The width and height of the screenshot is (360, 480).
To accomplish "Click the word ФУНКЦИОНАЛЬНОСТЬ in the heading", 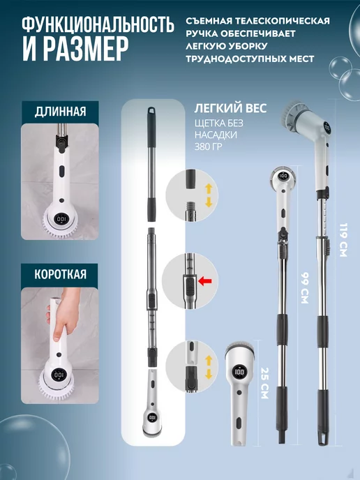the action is (x=98, y=25).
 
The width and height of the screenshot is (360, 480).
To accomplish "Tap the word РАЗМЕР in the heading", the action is (x=86, y=50).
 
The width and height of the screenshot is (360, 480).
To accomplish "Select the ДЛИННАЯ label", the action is (x=60, y=112).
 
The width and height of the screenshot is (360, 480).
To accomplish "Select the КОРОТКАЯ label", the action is (x=60, y=274).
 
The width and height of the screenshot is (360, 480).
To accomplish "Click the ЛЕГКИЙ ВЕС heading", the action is (x=230, y=108).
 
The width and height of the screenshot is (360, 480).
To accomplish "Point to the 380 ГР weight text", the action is (x=208, y=147).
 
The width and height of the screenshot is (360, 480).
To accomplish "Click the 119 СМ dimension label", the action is (x=343, y=240).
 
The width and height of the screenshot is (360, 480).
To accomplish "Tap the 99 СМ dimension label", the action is (x=304, y=287).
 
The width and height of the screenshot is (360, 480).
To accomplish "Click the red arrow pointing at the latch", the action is (x=205, y=280).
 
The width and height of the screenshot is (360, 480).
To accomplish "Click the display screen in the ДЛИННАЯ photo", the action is (x=61, y=219).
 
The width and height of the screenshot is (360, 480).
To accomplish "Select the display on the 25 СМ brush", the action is (x=240, y=372).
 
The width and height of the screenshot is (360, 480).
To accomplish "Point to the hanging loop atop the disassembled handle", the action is (x=151, y=111).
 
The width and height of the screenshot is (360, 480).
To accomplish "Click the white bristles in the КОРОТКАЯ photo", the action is (x=57, y=387).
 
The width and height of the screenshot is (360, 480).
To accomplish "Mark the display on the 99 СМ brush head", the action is (x=283, y=176).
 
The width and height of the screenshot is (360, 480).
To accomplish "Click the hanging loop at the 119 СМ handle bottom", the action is (x=322, y=437).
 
